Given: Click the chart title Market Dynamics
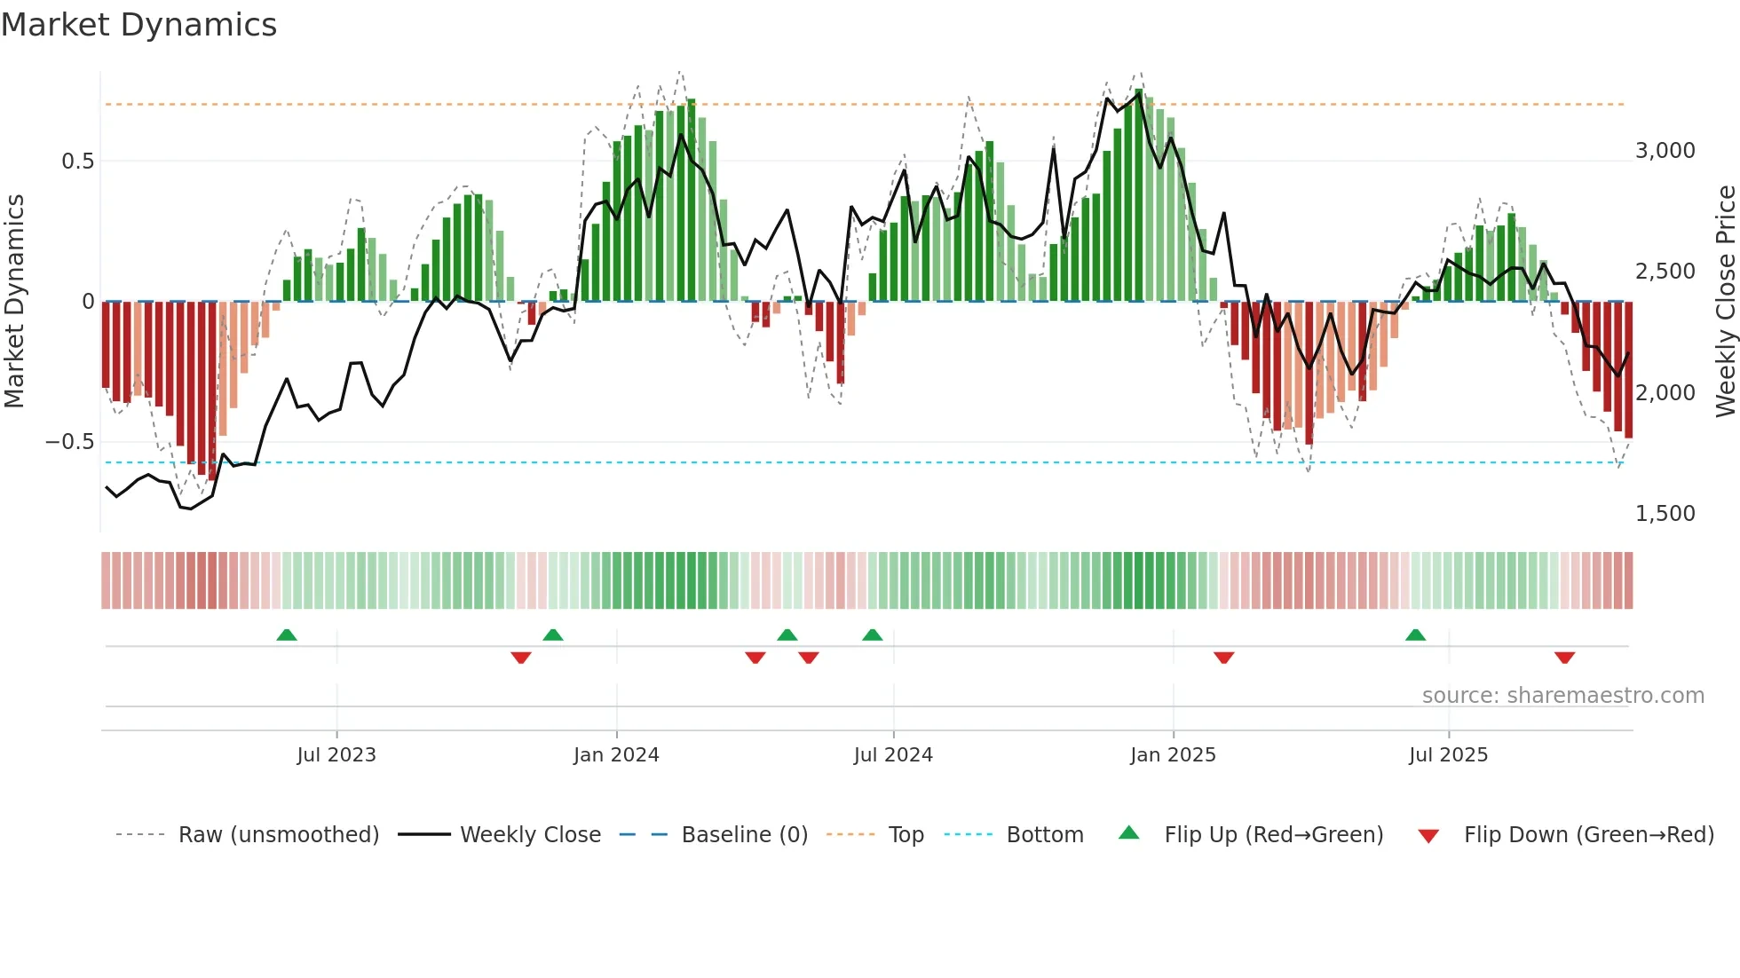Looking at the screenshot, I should (x=139, y=25).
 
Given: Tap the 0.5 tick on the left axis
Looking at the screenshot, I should (x=77, y=162).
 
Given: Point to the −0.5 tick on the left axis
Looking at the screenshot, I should (x=69, y=442).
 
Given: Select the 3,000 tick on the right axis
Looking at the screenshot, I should (x=1665, y=151).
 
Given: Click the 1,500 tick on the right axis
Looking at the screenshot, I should (x=1665, y=514).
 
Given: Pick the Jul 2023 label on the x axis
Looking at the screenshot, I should (x=336, y=755).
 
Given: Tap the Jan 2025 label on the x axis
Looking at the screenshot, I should (x=1173, y=755).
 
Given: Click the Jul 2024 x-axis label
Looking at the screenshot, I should (x=893, y=755).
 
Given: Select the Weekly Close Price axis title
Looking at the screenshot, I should (x=1725, y=302).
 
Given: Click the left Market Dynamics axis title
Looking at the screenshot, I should (x=14, y=302).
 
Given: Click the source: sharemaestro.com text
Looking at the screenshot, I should (x=1562, y=696).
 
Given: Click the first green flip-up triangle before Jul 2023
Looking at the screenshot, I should (x=287, y=635).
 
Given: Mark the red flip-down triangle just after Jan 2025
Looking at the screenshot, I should (x=1224, y=658).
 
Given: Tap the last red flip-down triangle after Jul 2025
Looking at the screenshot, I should (x=1564, y=658).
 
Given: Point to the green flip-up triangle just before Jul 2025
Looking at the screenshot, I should (x=1416, y=635).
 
